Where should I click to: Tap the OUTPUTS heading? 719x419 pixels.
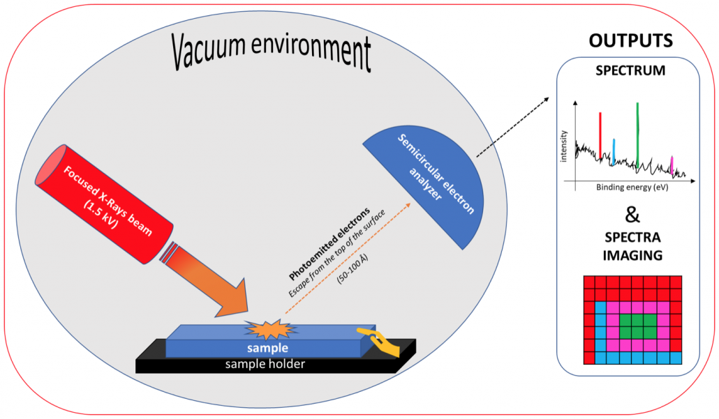tap(630, 40)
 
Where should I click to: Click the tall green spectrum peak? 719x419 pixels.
tap(637, 132)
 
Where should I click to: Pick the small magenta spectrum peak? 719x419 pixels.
tap(672, 165)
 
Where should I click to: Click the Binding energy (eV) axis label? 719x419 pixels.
tap(630, 188)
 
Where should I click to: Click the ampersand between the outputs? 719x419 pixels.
tap(630, 213)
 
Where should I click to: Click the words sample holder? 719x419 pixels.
tap(265, 364)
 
